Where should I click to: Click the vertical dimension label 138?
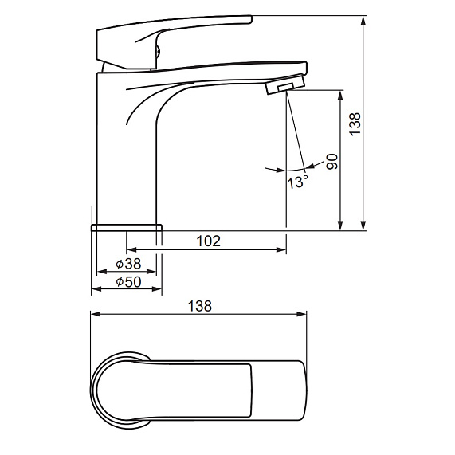tap(355, 124)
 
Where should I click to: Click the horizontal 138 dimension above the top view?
tap(200, 306)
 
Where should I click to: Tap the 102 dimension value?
tap(208, 241)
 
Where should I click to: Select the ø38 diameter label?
tap(128, 264)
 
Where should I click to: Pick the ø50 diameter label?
tap(128, 281)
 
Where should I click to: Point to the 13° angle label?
tap(297, 182)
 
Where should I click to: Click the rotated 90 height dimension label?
tap(332, 162)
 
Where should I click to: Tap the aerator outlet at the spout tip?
tap(286, 84)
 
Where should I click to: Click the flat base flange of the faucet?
tap(127, 228)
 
